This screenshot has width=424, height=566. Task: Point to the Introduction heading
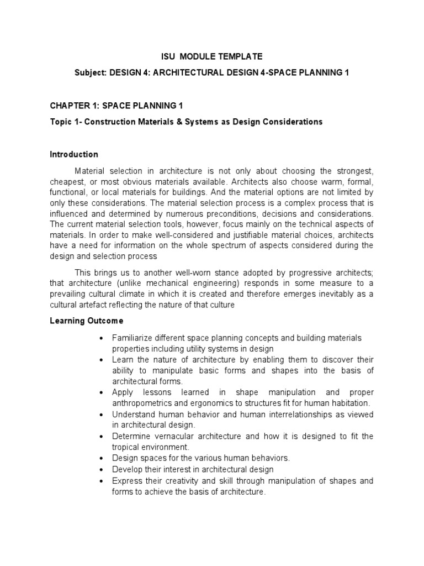pyautogui.click(x=74, y=154)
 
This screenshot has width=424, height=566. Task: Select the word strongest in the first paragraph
pyautogui.click(x=353, y=171)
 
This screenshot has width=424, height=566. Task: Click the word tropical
pyautogui.click(x=127, y=447)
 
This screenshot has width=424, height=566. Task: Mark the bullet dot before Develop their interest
pyautogui.click(x=100, y=469)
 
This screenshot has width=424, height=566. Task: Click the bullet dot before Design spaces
pyautogui.click(x=100, y=458)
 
